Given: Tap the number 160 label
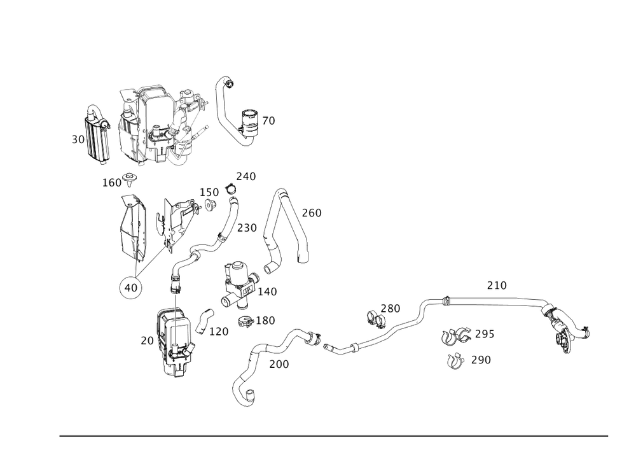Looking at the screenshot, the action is pyautogui.click(x=111, y=183).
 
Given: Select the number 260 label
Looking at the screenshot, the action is pyautogui.click(x=312, y=213).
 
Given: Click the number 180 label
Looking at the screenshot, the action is pyautogui.click(x=265, y=320).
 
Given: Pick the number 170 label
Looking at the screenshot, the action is pyautogui.click(x=219, y=332).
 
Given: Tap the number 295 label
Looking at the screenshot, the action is pyautogui.click(x=484, y=334).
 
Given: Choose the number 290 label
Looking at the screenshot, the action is pyautogui.click(x=481, y=360).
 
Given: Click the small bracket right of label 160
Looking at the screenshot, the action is pyautogui.click(x=130, y=176).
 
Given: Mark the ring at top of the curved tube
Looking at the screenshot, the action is pyautogui.click(x=234, y=190).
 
